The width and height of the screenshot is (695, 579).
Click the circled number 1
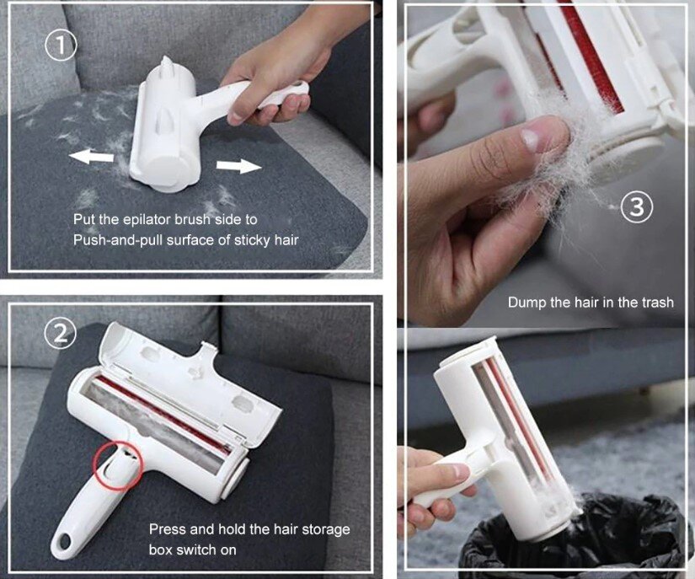coord(61,46)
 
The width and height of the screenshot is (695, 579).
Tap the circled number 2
coord(61,334)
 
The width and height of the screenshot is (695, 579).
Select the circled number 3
coord(637,207)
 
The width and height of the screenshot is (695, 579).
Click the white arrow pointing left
coord(91,156)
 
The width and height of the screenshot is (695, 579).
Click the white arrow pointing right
coord(238,166)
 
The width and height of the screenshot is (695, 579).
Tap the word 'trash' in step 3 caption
coord(658,303)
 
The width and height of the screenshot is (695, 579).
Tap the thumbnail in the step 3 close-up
coord(531,138)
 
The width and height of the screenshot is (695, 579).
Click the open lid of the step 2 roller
coord(190,377)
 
